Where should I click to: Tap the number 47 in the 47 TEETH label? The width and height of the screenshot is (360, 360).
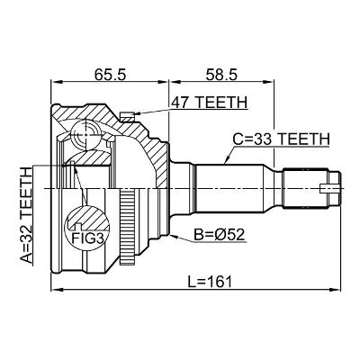click(178, 103)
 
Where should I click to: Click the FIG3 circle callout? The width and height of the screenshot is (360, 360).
click(82, 229)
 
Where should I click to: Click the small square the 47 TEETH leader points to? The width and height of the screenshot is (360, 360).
click(129, 114)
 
